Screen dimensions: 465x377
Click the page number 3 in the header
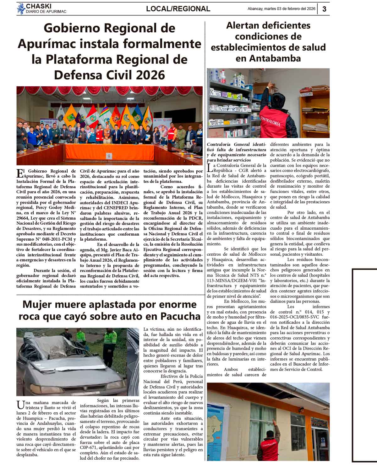click(x=324, y=9)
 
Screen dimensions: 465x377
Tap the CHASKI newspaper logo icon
click(x=21, y=8)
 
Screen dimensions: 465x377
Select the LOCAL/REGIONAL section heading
click(x=178, y=9)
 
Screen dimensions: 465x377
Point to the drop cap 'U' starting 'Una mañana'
click(x=20, y=404)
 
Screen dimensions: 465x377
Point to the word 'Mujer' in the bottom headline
click(x=38, y=304)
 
